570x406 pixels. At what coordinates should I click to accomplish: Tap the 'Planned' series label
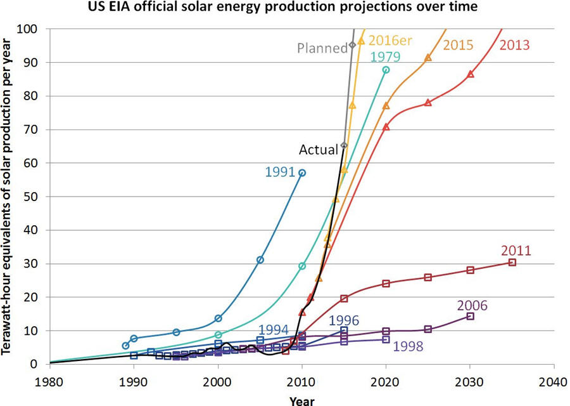322,48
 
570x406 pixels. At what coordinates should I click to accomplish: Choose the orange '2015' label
459,45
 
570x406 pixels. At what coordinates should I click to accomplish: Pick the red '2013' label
514,45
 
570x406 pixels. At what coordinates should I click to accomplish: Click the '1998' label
409,346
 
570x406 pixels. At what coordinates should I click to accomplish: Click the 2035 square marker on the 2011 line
512,263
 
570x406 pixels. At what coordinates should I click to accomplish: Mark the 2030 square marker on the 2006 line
470,316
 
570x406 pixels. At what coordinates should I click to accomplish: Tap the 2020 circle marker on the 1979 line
386,70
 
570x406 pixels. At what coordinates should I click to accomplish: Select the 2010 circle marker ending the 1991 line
302,173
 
